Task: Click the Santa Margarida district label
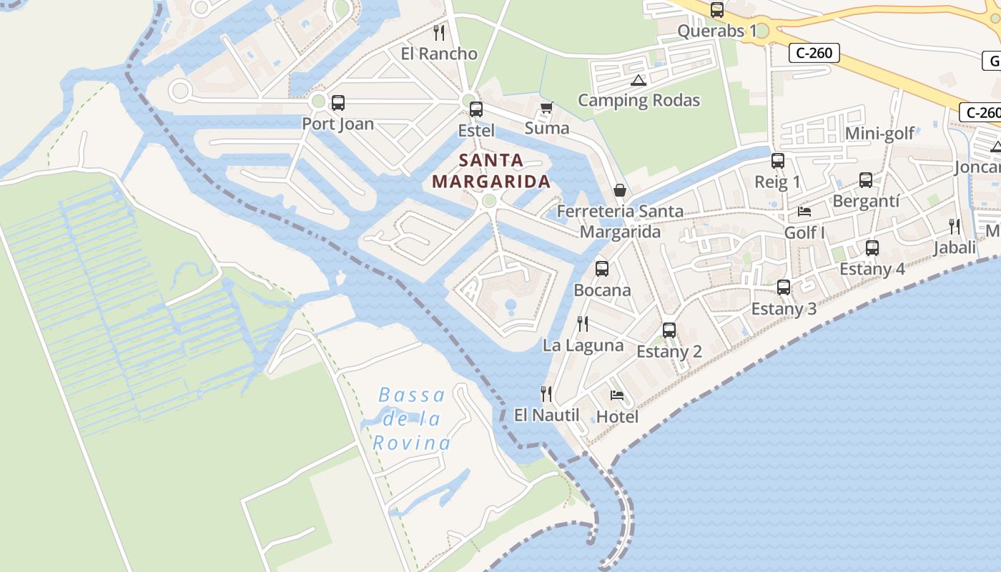click(491, 170)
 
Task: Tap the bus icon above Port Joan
click(338, 103)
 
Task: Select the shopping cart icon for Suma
click(547, 108)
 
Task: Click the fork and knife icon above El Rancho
click(439, 32)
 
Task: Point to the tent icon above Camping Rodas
click(638, 80)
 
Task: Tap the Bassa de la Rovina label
click(412, 418)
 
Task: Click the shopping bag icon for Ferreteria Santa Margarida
click(620, 190)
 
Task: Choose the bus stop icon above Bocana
click(602, 269)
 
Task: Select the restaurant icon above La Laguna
click(583, 324)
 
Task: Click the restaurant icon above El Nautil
click(546, 393)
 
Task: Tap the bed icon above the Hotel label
click(617, 395)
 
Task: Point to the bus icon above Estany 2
click(669, 330)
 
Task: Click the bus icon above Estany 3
click(784, 287)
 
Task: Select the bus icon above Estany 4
click(872, 248)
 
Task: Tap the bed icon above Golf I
click(804, 212)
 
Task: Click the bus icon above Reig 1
click(778, 161)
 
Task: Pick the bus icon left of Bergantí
click(866, 180)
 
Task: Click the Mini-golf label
click(879, 134)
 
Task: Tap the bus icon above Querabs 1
click(717, 10)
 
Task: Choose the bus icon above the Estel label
click(476, 109)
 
